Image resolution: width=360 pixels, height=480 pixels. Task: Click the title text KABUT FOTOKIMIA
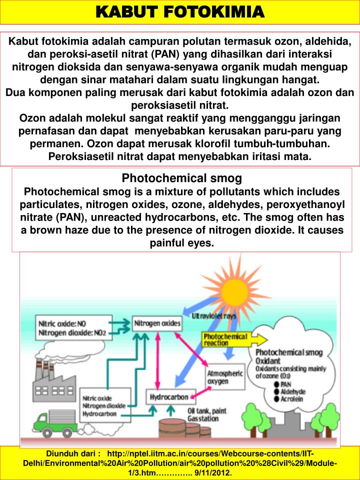180,11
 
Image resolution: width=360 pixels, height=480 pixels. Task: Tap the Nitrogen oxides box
157,324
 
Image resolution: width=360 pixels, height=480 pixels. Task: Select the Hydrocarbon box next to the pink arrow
169,397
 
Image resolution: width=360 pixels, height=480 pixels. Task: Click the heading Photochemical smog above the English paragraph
182,178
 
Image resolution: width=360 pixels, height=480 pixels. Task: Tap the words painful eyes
182,243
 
